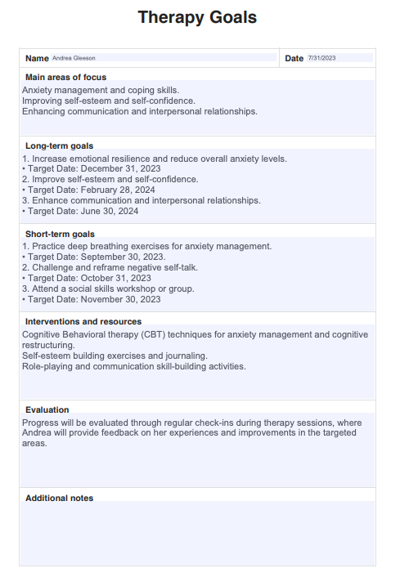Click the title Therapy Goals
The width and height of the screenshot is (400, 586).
(x=197, y=17)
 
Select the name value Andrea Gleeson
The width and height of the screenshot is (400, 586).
(x=73, y=58)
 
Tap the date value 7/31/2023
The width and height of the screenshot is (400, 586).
(x=321, y=58)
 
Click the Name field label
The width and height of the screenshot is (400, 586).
(x=37, y=58)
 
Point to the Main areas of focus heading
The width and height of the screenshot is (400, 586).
(x=65, y=77)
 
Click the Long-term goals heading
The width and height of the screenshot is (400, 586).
(x=59, y=145)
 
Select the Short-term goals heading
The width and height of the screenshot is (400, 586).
(x=60, y=234)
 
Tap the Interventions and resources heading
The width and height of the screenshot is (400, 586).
(x=83, y=322)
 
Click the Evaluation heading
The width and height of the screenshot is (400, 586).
(x=47, y=410)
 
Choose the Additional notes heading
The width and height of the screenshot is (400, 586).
(x=59, y=498)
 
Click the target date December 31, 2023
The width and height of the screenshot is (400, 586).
(x=120, y=169)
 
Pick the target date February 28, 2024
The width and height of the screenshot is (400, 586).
(x=119, y=190)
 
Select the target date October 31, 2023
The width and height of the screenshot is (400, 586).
(x=115, y=278)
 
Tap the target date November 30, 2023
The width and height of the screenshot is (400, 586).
(x=120, y=299)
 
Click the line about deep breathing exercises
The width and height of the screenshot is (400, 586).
(x=147, y=246)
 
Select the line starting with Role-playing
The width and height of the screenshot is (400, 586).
(x=133, y=366)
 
